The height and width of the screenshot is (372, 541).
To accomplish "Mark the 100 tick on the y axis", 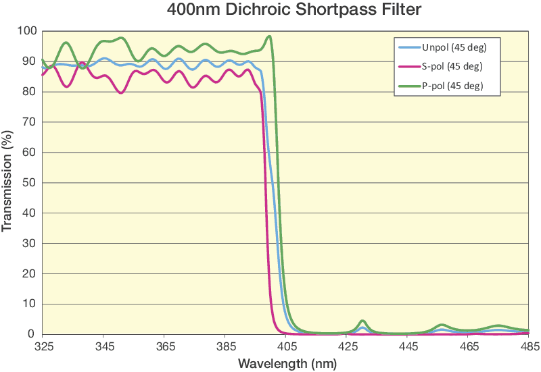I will click(x=26, y=31).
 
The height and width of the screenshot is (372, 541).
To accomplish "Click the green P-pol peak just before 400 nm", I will click(x=269, y=36).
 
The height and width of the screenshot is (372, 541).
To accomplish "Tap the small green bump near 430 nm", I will click(x=362, y=321).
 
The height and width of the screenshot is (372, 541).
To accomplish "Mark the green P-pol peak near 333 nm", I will click(x=66, y=43).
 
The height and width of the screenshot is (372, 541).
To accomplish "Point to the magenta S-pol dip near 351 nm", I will click(x=121, y=92).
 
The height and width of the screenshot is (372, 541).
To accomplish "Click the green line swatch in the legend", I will click(x=408, y=86).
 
